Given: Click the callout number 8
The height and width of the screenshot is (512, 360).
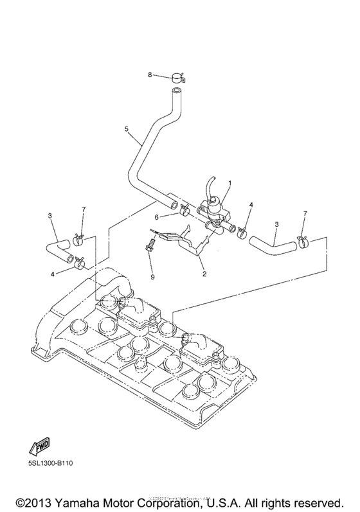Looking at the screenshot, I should (x=150, y=75).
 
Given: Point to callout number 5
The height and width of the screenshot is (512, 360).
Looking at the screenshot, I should (x=127, y=129).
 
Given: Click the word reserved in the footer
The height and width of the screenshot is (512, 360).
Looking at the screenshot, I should (x=317, y=500).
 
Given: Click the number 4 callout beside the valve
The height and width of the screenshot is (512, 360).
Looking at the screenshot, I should (x=251, y=206).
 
